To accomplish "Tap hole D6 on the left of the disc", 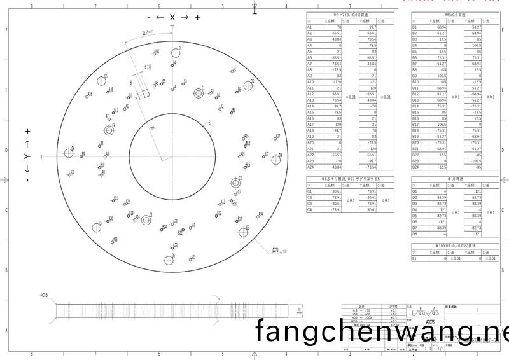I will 68,153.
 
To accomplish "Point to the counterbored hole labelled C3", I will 146,220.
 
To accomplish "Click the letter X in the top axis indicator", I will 172,17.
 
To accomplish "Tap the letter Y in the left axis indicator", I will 27,157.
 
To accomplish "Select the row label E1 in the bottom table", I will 415,259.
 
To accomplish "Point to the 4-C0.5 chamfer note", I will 44,295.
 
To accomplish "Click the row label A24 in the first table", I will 310,167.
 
